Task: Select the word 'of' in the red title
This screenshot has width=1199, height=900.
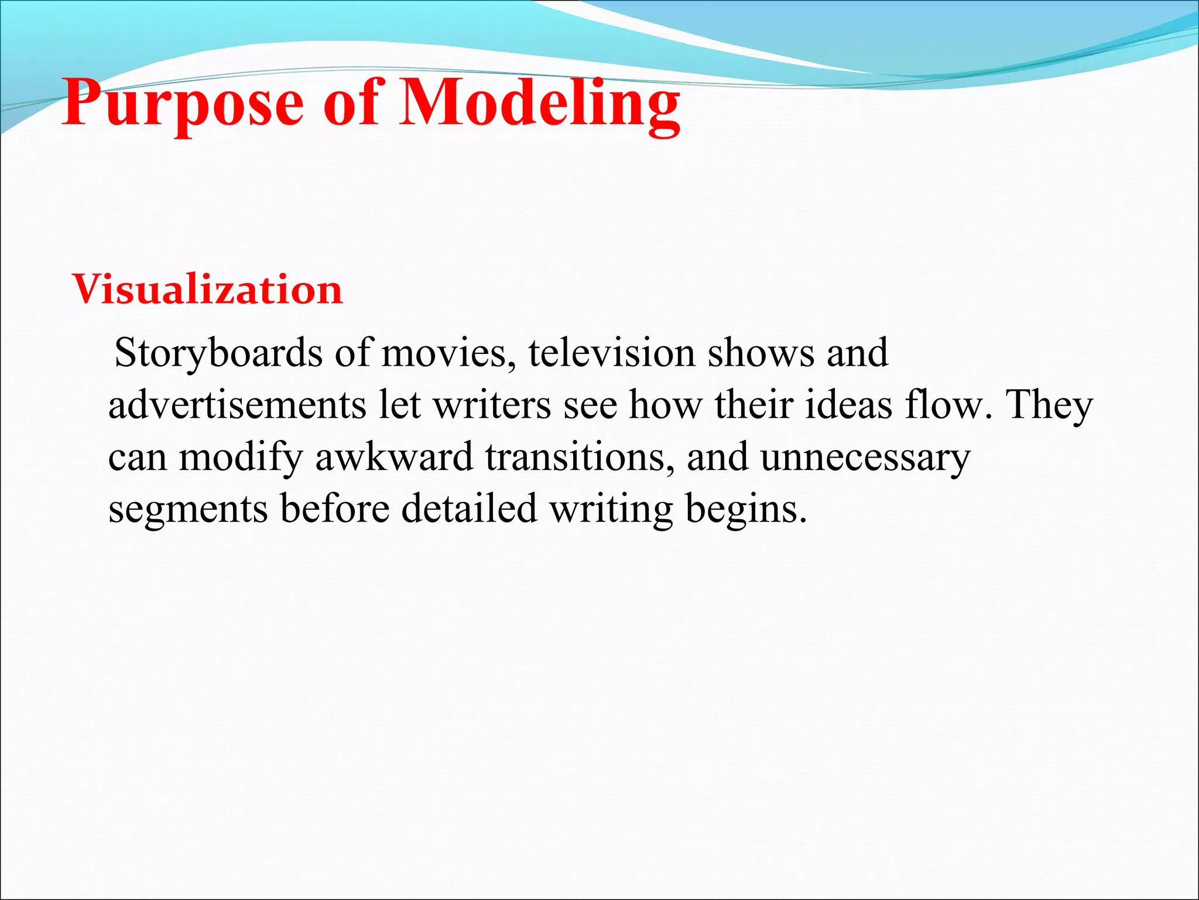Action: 351,104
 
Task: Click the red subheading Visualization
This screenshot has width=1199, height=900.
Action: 207,289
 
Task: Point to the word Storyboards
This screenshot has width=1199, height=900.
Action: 218,354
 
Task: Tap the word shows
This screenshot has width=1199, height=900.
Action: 760,354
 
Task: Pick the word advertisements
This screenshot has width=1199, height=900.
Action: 237,405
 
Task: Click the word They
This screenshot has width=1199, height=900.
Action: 1049,405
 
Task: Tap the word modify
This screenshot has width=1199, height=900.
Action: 241,458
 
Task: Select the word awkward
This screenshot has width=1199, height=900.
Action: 394,457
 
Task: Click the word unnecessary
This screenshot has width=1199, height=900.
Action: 865,458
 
